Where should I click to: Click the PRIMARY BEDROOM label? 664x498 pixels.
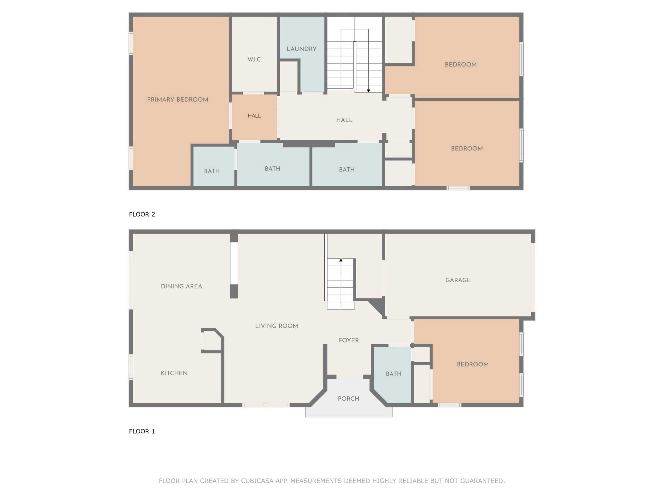click(177, 100)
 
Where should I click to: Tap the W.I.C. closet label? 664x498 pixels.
click(255, 59)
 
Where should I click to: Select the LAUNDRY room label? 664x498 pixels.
click(302, 49)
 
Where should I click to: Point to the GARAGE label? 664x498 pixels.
click(458, 280)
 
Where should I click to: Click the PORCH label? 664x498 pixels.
click(348, 398)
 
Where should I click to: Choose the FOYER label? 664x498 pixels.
click(349, 340)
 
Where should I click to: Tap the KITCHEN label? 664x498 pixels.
click(174, 373)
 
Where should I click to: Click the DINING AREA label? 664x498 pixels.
click(181, 286)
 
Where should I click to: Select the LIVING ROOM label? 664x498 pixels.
click(276, 326)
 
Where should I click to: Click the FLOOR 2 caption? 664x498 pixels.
click(142, 214)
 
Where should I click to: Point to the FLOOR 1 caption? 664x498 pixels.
click(142, 431)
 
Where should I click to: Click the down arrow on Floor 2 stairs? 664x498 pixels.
click(368, 91)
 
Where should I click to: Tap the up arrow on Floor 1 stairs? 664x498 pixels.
click(341, 260)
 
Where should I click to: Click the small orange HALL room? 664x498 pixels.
click(254, 116)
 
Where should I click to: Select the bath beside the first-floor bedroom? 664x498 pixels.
click(393, 374)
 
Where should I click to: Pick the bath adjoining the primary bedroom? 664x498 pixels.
click(212, 171)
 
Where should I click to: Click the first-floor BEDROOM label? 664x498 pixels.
click(472, 364)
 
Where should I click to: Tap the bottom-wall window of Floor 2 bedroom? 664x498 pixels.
click(458, 188)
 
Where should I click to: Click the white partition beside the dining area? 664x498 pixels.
click(234, 263)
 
